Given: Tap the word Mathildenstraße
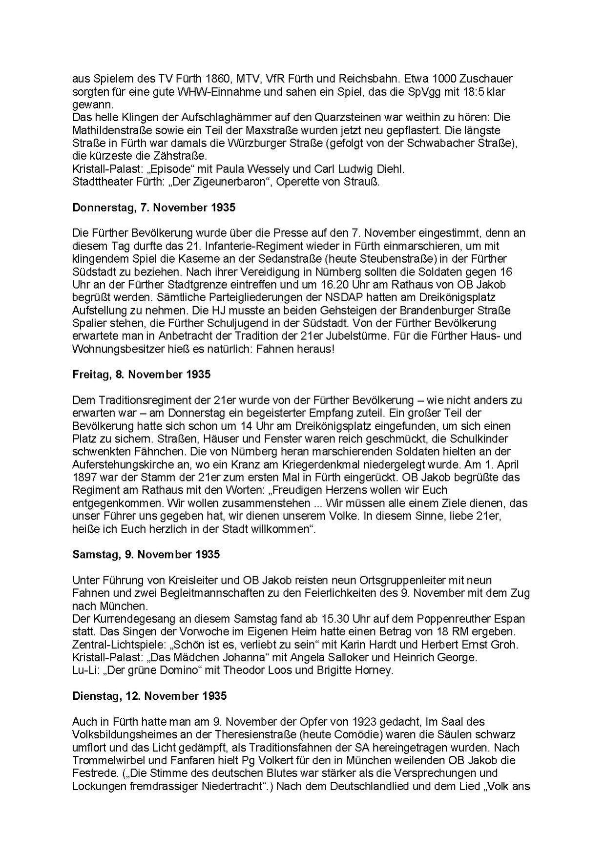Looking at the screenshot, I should [x=109, y=131].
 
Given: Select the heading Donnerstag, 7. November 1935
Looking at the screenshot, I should [x=154, y=208].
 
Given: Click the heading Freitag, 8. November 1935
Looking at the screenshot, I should [x=141, y=375].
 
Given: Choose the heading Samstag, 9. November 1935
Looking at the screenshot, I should [x=146, y=554].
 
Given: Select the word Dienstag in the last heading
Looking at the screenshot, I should [x=93, y=696].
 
